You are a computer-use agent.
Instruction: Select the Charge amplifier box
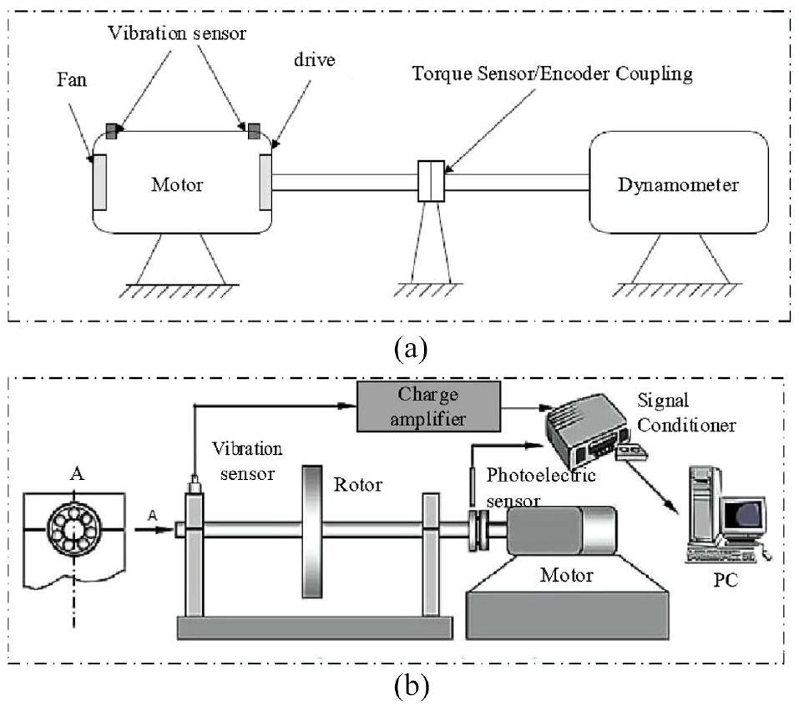pyautogui.click(x=428, y=406)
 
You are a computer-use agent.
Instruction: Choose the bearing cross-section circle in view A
pyautogui.click(x=73, y=531)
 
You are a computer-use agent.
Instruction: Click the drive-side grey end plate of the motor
pyautogui.click(x=265, y=181)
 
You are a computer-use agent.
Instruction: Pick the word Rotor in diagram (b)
pyautogui.click(x=357, y=485)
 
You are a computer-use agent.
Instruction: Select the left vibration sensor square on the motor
pyautogui.click(x=113, y=130)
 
